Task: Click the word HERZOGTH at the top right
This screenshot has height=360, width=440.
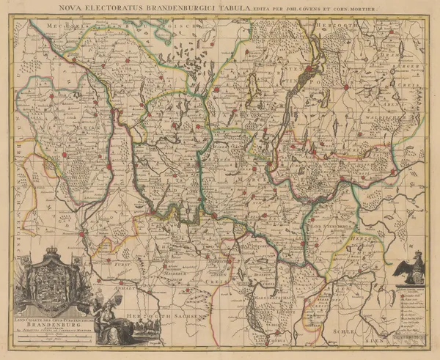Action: coord(337,24)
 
